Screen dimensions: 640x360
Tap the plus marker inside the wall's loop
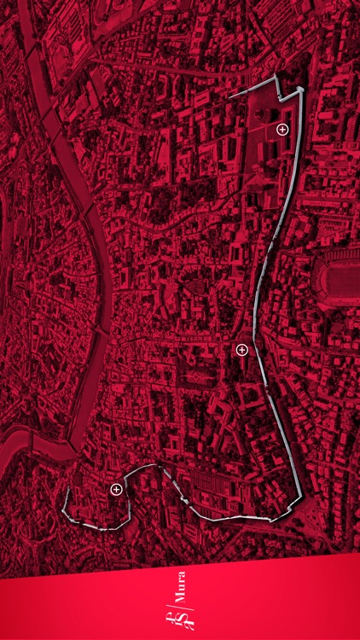[x=116, y=489]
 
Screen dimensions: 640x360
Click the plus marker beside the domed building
[x=282, y=128]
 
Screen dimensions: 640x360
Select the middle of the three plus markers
[x=241, y=349]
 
